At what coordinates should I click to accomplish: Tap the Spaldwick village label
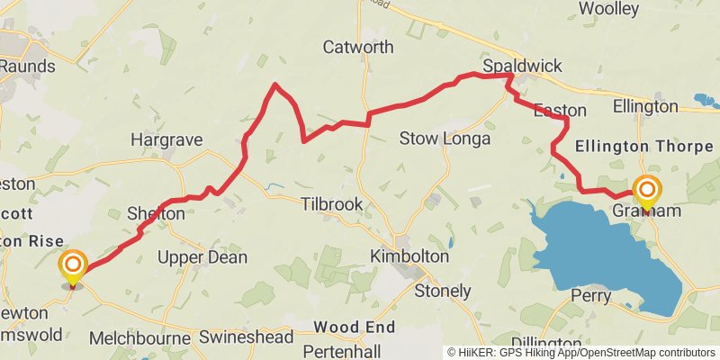point(521,67)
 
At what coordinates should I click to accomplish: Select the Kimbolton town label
point(409,256)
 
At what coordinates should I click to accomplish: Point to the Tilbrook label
point(332,205)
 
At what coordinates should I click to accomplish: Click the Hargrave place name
point(166,140)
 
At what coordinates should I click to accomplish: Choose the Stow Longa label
point(445,139)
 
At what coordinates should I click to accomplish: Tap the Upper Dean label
point(202,257)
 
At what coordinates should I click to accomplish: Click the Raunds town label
point(27,66)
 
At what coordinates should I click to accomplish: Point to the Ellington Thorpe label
point(643,146)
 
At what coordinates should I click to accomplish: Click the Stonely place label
point(443,291)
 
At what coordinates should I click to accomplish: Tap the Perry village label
point(591,295)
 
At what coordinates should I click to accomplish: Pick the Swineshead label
point(247,337)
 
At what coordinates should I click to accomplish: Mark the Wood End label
point(355,327)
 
